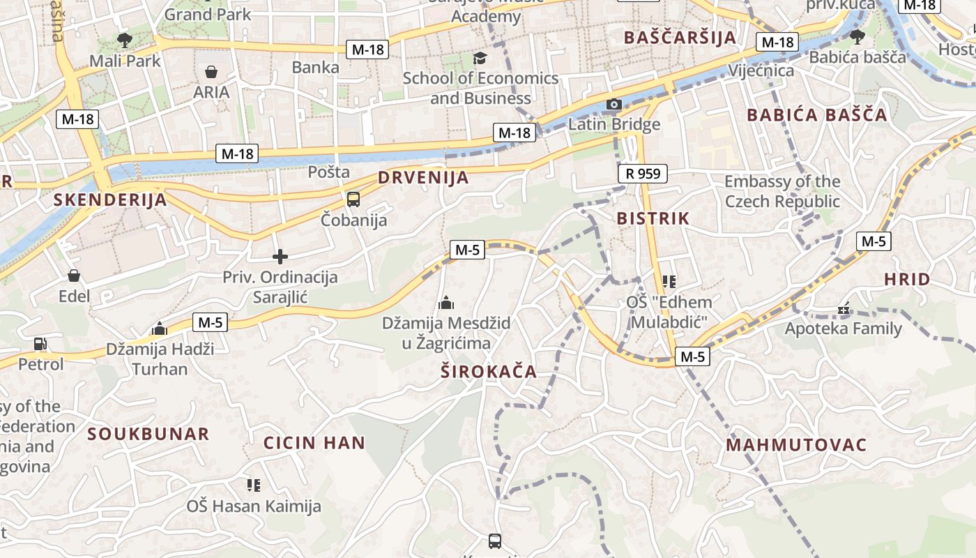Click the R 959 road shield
[642, 174]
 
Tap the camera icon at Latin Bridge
[613, 105]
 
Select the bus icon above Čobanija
[353, 199]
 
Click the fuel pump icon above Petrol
[40, 343]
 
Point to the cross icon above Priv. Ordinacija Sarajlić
[280, 257]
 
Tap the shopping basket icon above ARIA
[211, 72]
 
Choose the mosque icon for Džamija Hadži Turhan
[160, 328]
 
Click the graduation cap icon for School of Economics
[480, 57]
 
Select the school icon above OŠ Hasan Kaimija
[253, 485]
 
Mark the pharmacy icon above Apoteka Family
[844, 308]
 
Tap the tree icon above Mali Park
[125, 40]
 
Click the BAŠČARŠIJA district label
[680, 38]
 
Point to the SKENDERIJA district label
[110, 200]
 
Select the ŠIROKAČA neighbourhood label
[489, 372]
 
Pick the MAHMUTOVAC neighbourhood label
[796, 445]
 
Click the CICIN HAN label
[314, 442]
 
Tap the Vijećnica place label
[761, 70]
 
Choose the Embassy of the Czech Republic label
[782, 191]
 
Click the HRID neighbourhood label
[907, 280]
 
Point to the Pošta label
[329, 172]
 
